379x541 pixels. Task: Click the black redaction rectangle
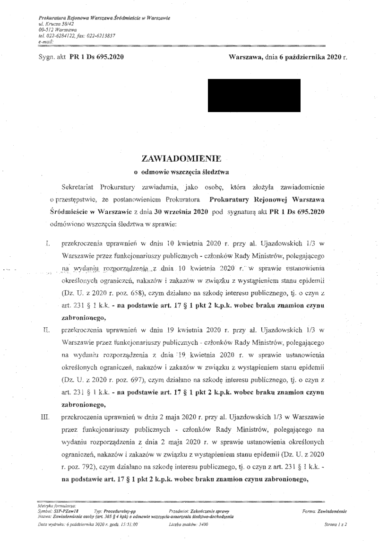[254, 96]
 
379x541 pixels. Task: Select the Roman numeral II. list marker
[46, 327]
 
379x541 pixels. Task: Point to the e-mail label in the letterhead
[46, 42]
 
